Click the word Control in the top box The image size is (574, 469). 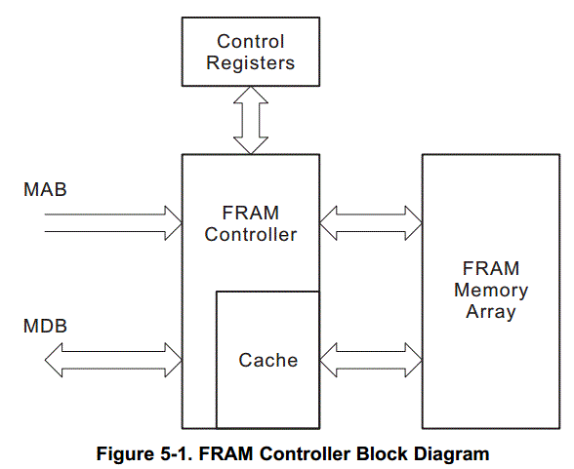250,41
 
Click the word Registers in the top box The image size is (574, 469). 250,62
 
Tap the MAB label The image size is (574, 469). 45,189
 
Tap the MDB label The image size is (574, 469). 45,326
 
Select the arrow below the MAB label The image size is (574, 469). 113,223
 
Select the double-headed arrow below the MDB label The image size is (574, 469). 113,360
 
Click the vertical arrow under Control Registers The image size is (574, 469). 251,120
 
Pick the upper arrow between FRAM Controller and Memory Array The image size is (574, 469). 371,223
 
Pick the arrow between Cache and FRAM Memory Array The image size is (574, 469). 371,360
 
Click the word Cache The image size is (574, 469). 267,360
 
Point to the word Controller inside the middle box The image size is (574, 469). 251,234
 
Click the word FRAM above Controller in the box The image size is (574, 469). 251,214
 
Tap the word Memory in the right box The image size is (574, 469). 491,291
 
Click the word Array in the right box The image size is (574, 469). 491,312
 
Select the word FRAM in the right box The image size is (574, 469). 491,269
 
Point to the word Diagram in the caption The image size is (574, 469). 452,453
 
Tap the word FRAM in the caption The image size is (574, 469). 225,453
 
